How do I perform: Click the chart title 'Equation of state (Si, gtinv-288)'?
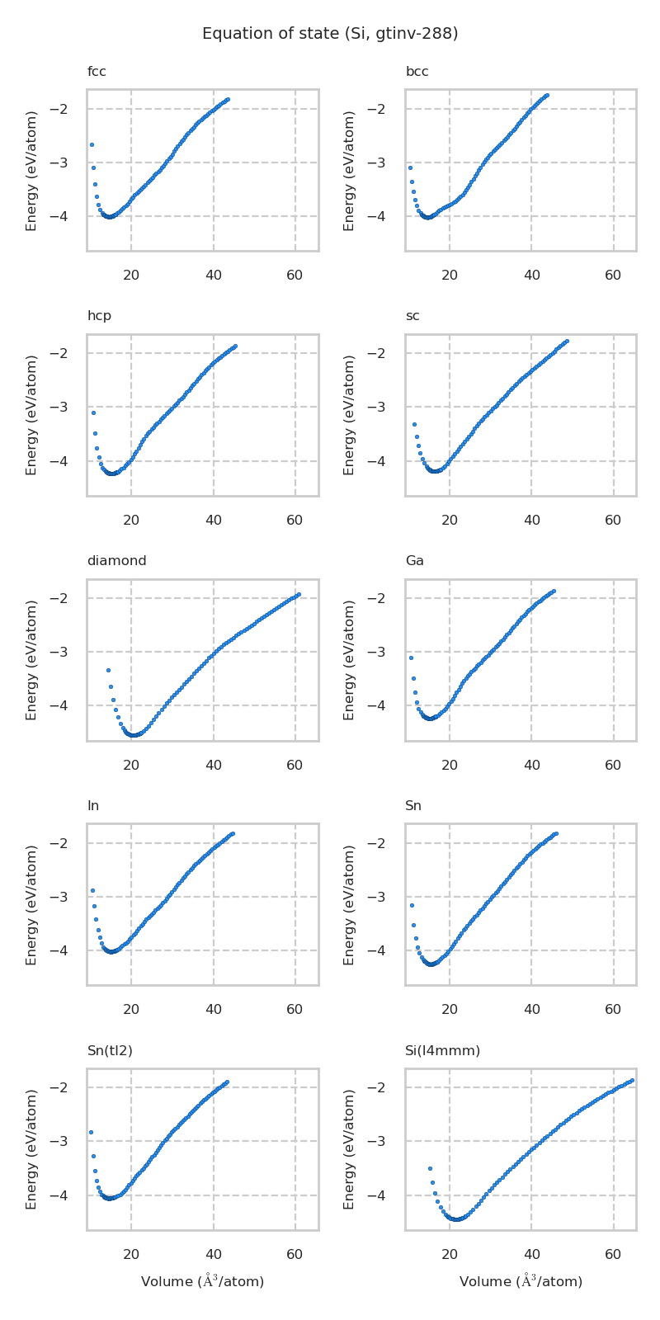(330, 34)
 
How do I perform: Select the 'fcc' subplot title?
(97, 72)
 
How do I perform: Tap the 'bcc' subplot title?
(417, 72)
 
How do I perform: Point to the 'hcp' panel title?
(99, 316)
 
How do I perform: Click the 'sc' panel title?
(412, 316)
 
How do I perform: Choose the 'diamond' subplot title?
(116, 561)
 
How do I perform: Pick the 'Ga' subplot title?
(414, 561)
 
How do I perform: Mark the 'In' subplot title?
(93, 806)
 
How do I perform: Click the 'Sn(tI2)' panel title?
(110, 1050)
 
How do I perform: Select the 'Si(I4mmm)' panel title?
(442, 1050)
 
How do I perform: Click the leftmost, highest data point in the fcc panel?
(92, 144)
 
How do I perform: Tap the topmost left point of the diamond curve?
(108, 670)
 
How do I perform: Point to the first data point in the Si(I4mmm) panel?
(430, 1168)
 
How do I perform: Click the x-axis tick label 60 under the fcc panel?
(295, 275)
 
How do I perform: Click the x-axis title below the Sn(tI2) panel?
(202, 1281)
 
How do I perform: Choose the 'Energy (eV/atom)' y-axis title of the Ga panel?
(349, 660)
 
